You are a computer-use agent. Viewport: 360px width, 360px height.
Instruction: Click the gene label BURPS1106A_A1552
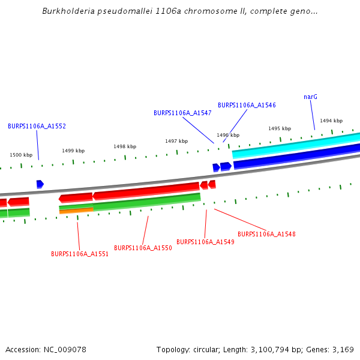point(37,126)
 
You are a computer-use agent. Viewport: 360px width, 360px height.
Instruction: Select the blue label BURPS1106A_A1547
point(182,113)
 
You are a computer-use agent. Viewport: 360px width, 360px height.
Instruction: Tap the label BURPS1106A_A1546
point(247,105)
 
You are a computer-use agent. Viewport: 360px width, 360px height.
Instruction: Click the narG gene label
point(310,97)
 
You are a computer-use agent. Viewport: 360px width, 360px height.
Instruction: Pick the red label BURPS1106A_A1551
point(80,254)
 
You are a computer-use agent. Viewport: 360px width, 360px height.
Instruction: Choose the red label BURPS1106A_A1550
point(143,248)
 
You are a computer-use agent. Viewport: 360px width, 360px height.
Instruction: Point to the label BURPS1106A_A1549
point(205,242)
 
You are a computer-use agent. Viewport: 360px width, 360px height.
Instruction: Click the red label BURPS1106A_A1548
point(266,234)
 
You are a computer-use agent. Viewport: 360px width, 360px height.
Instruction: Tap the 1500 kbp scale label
point(21,155)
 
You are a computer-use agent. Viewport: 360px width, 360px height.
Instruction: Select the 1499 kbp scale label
point(73,151)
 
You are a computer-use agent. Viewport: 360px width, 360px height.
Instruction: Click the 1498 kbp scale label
point(125,146)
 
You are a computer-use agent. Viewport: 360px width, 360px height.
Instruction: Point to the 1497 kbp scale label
point(176,141)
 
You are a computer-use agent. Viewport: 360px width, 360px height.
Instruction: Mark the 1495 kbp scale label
point(280,128)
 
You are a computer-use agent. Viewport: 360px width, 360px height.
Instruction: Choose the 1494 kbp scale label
point(331,121)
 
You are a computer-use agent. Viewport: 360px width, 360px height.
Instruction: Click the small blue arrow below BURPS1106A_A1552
point(40,184)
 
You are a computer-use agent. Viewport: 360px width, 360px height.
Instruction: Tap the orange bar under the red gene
point(76,211)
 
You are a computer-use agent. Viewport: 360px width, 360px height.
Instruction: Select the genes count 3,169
point(342,349)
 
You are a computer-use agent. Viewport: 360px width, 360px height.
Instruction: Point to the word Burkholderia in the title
point(67,11)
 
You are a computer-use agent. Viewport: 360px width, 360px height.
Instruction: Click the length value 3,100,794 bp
point(271,349)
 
